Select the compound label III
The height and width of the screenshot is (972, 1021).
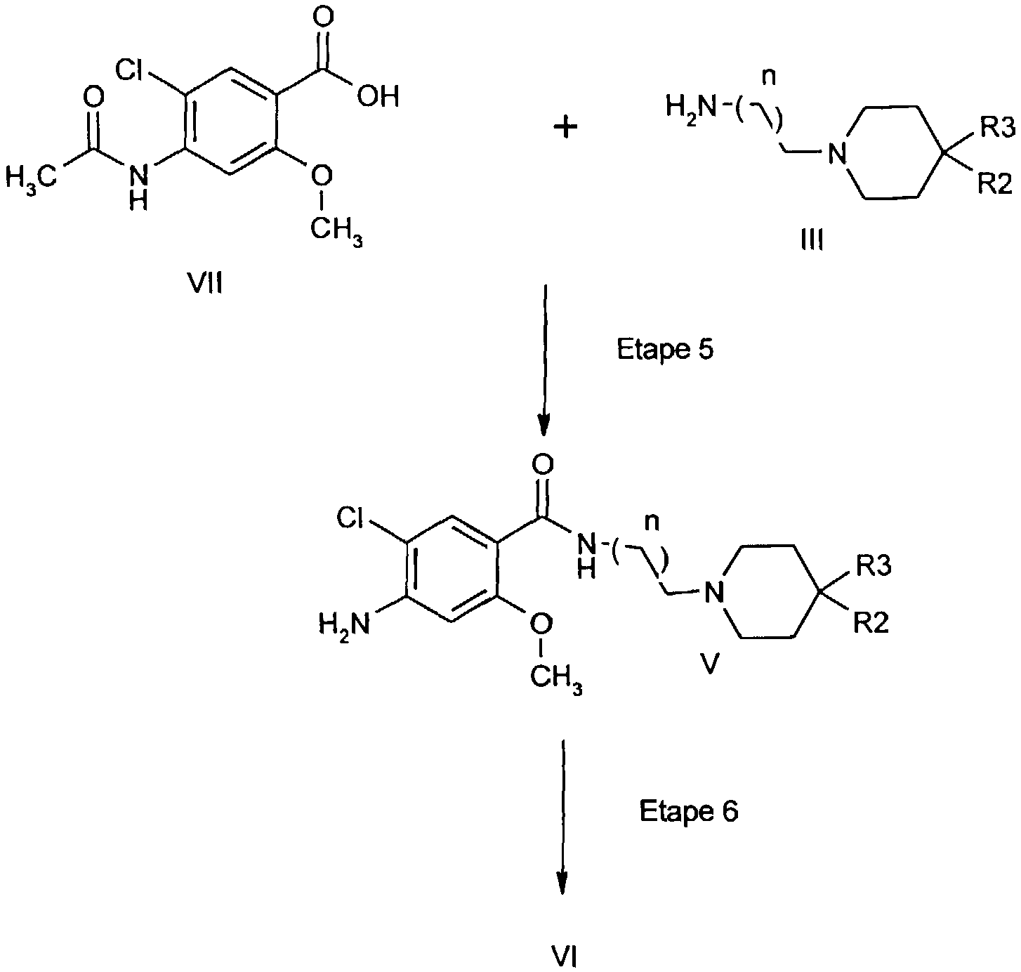click(x=812, y=240)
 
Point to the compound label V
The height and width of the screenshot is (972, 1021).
click(x=709, y=663)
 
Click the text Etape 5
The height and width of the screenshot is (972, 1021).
click(x=665, y=349)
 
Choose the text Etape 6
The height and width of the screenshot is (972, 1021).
click(x=688, y=810)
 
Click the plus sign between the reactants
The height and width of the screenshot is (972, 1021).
click(x=565, y=127)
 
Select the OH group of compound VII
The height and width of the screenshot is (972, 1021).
click(x=378, y=96)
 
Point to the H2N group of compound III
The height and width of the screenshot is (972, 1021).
click(x=691, y=107)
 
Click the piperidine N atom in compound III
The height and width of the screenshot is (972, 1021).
click(x=836, y=153)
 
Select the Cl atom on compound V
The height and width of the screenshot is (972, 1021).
click(x=350, y=518)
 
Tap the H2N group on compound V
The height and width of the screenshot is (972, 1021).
click(x=344, y=624)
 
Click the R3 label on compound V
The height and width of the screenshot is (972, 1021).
click(x=874, y=566)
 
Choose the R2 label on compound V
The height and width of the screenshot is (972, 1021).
click(x=871, y=623)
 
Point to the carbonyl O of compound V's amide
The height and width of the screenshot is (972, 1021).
click(x=543, y=465)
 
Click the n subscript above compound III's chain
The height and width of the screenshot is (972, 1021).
click(x=770, y=77)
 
